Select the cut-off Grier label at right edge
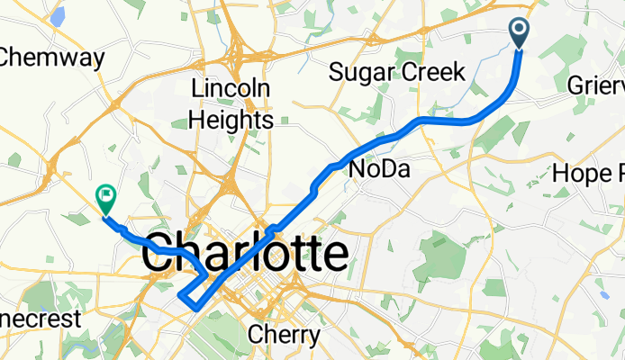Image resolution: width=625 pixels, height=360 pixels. coord(598,86)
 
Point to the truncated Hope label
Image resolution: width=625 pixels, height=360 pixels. coord(589,172)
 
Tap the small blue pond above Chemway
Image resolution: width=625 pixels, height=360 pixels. coord(59,15)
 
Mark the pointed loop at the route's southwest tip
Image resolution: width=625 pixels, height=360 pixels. coord(183,295)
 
